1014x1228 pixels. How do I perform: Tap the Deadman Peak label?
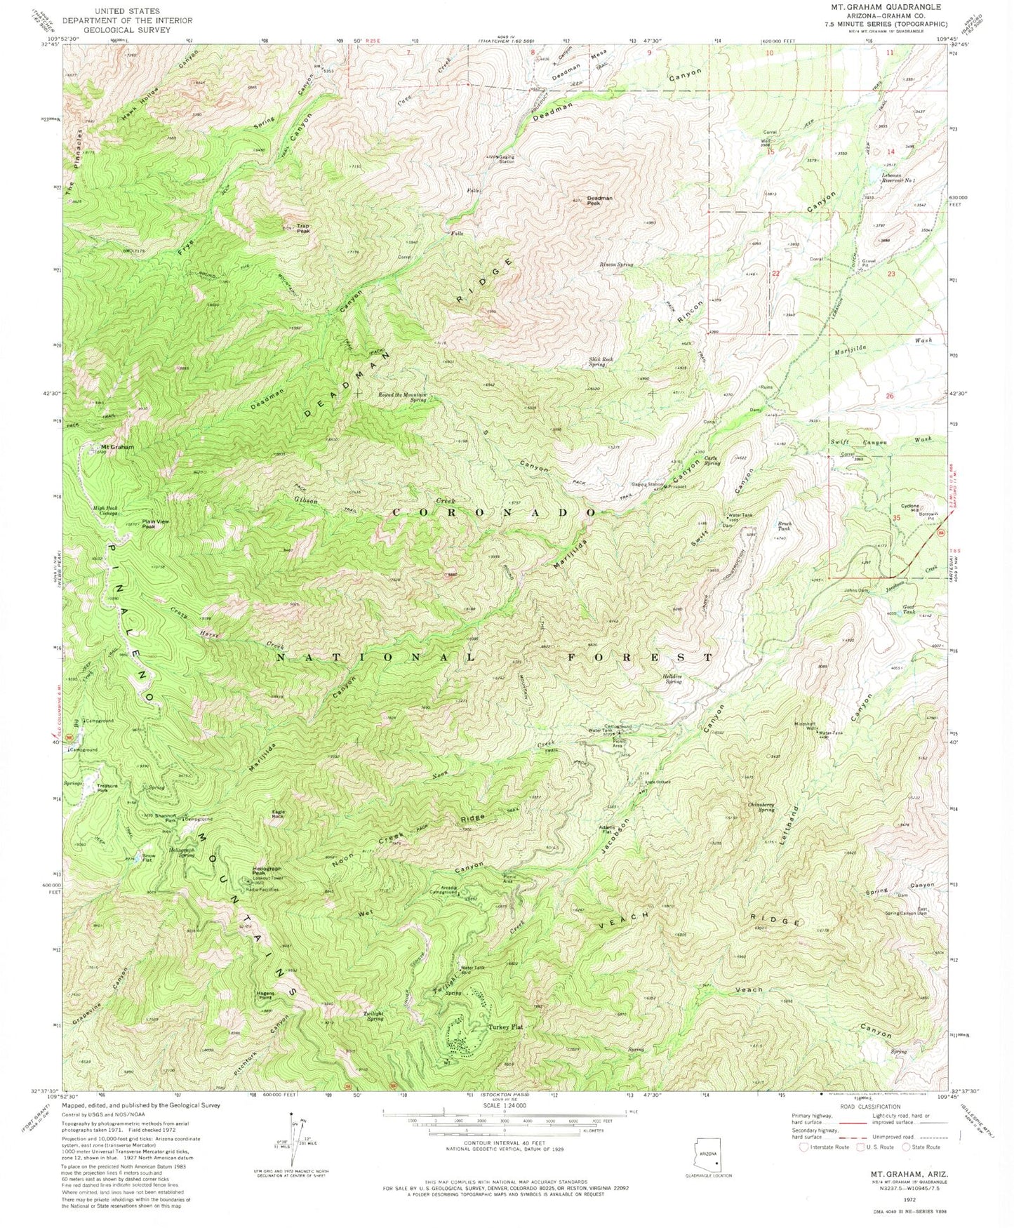[x=599, y=201]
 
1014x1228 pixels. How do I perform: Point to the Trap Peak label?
[x=303, y=228]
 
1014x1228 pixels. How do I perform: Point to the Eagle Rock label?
[x=278, y=814]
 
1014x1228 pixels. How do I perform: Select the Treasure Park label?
[x=107, y=788]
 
